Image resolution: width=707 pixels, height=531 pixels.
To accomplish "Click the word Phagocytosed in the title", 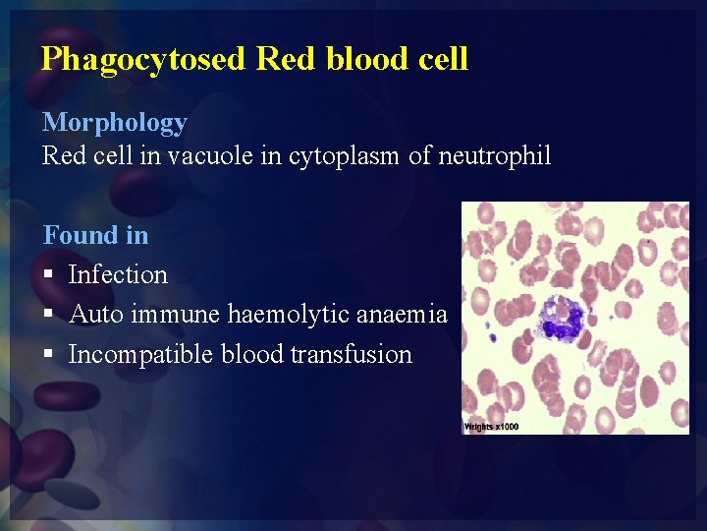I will click(x=142, y=59).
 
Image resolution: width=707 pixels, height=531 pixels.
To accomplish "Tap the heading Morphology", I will click(x=114, y=123).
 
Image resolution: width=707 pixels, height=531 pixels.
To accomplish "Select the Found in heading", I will click(x=95, y=235).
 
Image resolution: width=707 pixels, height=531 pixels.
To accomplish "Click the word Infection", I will click(x=118, y=274).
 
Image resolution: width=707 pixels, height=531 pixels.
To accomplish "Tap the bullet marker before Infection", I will click(x=48, y=275).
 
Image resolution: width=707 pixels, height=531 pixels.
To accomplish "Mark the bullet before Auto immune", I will click(x=48, y=316).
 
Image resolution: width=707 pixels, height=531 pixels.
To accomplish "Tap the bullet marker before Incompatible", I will click(x=48, y=355).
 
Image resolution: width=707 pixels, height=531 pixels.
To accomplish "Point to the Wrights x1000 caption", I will click(x=491, y=427).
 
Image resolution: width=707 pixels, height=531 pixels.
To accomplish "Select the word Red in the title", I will click(x=280, y=59).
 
